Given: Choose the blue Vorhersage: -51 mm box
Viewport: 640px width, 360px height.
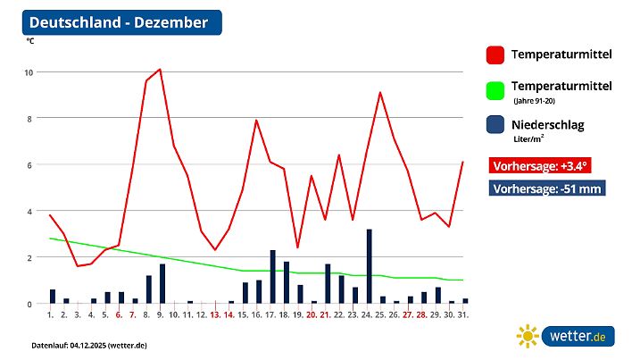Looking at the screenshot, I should [547, 188].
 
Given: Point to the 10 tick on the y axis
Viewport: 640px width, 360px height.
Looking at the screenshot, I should [29, 72].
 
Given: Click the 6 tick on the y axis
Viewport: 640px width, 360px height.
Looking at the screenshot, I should [30, 165].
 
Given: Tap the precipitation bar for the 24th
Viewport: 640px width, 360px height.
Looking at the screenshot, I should [369, 266].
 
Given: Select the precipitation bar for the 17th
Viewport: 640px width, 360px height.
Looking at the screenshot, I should [272, 277].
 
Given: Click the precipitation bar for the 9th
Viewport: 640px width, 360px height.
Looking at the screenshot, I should [162, 283].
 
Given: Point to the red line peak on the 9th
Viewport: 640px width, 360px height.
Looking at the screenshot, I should [160, 69].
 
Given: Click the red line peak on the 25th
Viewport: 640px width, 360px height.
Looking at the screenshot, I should [381, 92].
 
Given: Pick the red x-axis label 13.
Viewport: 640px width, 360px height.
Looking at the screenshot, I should [215, 315].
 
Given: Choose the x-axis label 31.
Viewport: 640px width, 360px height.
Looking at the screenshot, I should [464, 315].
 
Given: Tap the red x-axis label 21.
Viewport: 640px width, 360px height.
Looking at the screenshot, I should [326, 315].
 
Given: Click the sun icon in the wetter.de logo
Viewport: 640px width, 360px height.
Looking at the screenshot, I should [528, 337].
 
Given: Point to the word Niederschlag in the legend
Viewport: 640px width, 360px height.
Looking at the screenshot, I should [547, 125].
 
